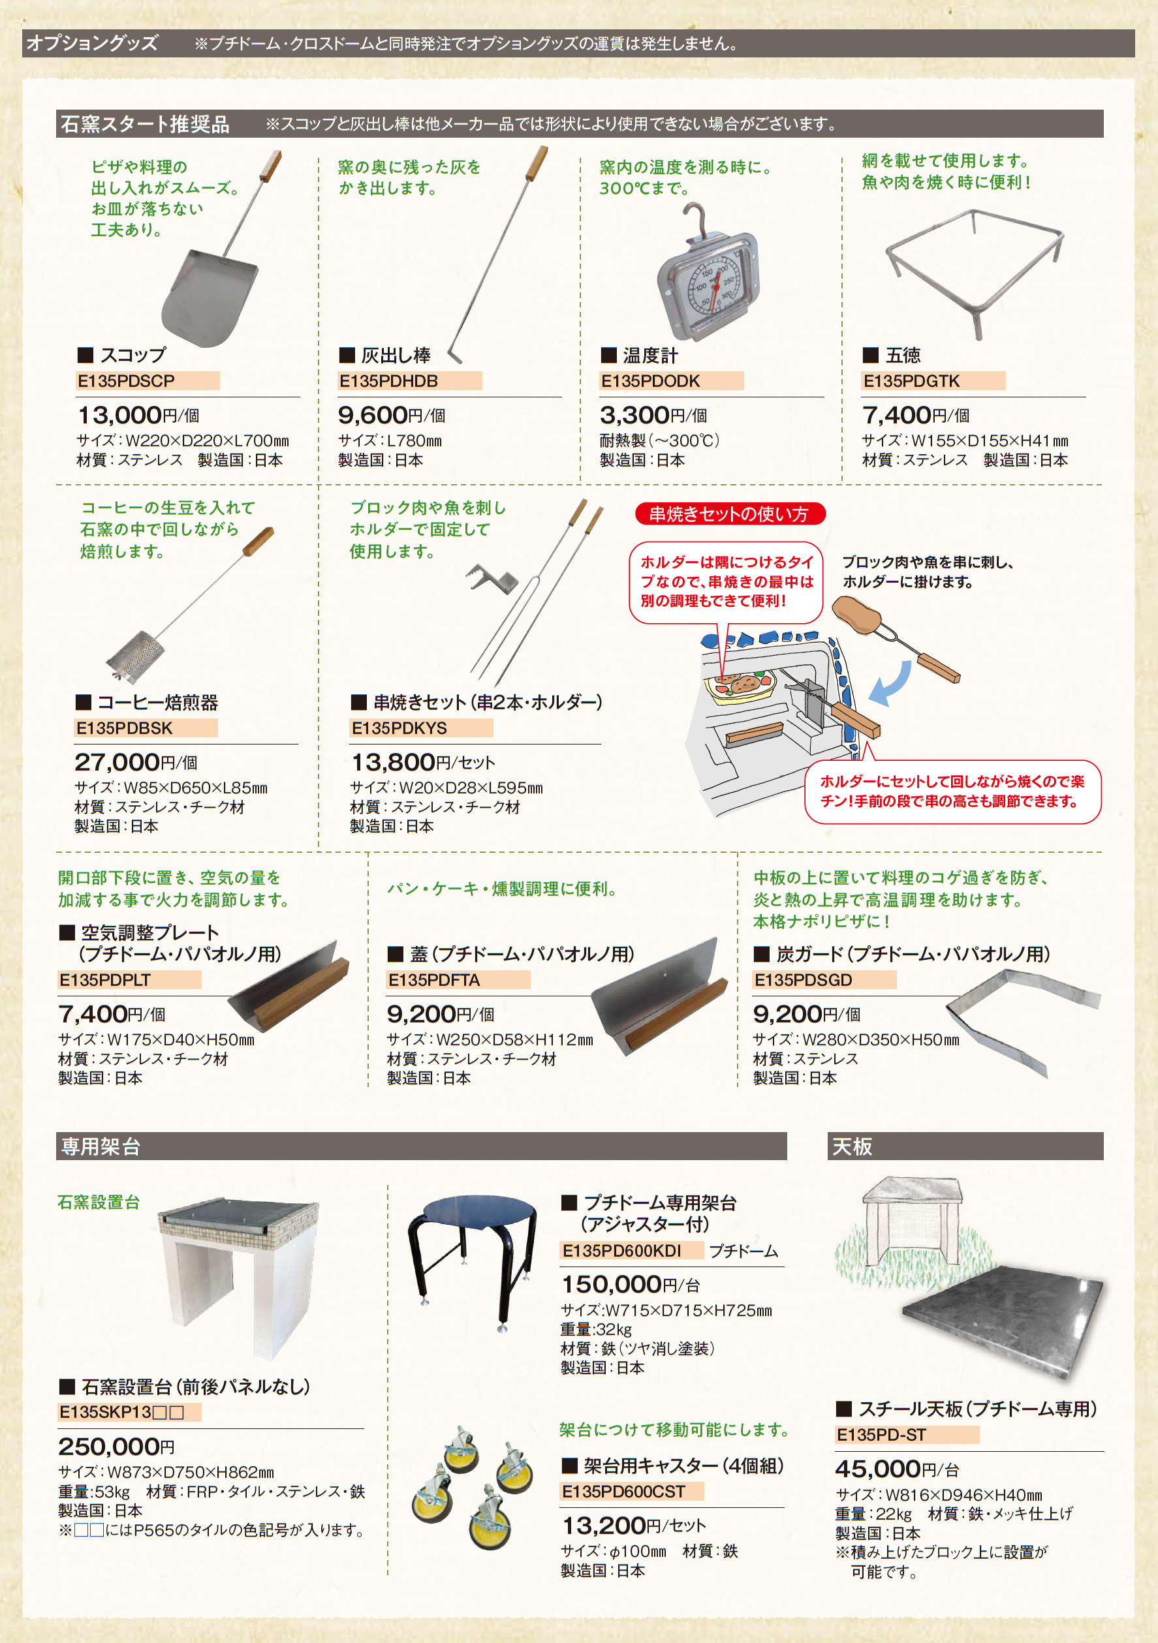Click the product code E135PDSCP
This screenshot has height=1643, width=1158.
(x=126, y=380)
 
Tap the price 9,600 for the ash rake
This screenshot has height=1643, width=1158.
(x=372, y=415)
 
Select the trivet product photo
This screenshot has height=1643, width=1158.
(x=974, y=272)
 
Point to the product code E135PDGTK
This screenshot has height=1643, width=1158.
(x=911, y=380)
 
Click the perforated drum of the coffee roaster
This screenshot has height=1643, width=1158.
(x=136, y=654)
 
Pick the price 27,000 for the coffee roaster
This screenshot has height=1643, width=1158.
(x=117, y=762)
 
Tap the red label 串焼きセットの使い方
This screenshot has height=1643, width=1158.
(x=728, y=514)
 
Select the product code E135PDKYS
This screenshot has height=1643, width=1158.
(x=399, y=728)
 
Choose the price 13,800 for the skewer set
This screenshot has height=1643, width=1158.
(x=393, y=762)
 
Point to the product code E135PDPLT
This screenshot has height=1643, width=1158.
(x=104, y=979)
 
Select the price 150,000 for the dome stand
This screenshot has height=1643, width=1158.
(x=611, y=1285)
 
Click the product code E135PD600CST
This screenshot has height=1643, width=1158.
(x=623, y=1492)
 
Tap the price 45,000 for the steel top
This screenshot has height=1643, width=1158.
(x=878, y=1469)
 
